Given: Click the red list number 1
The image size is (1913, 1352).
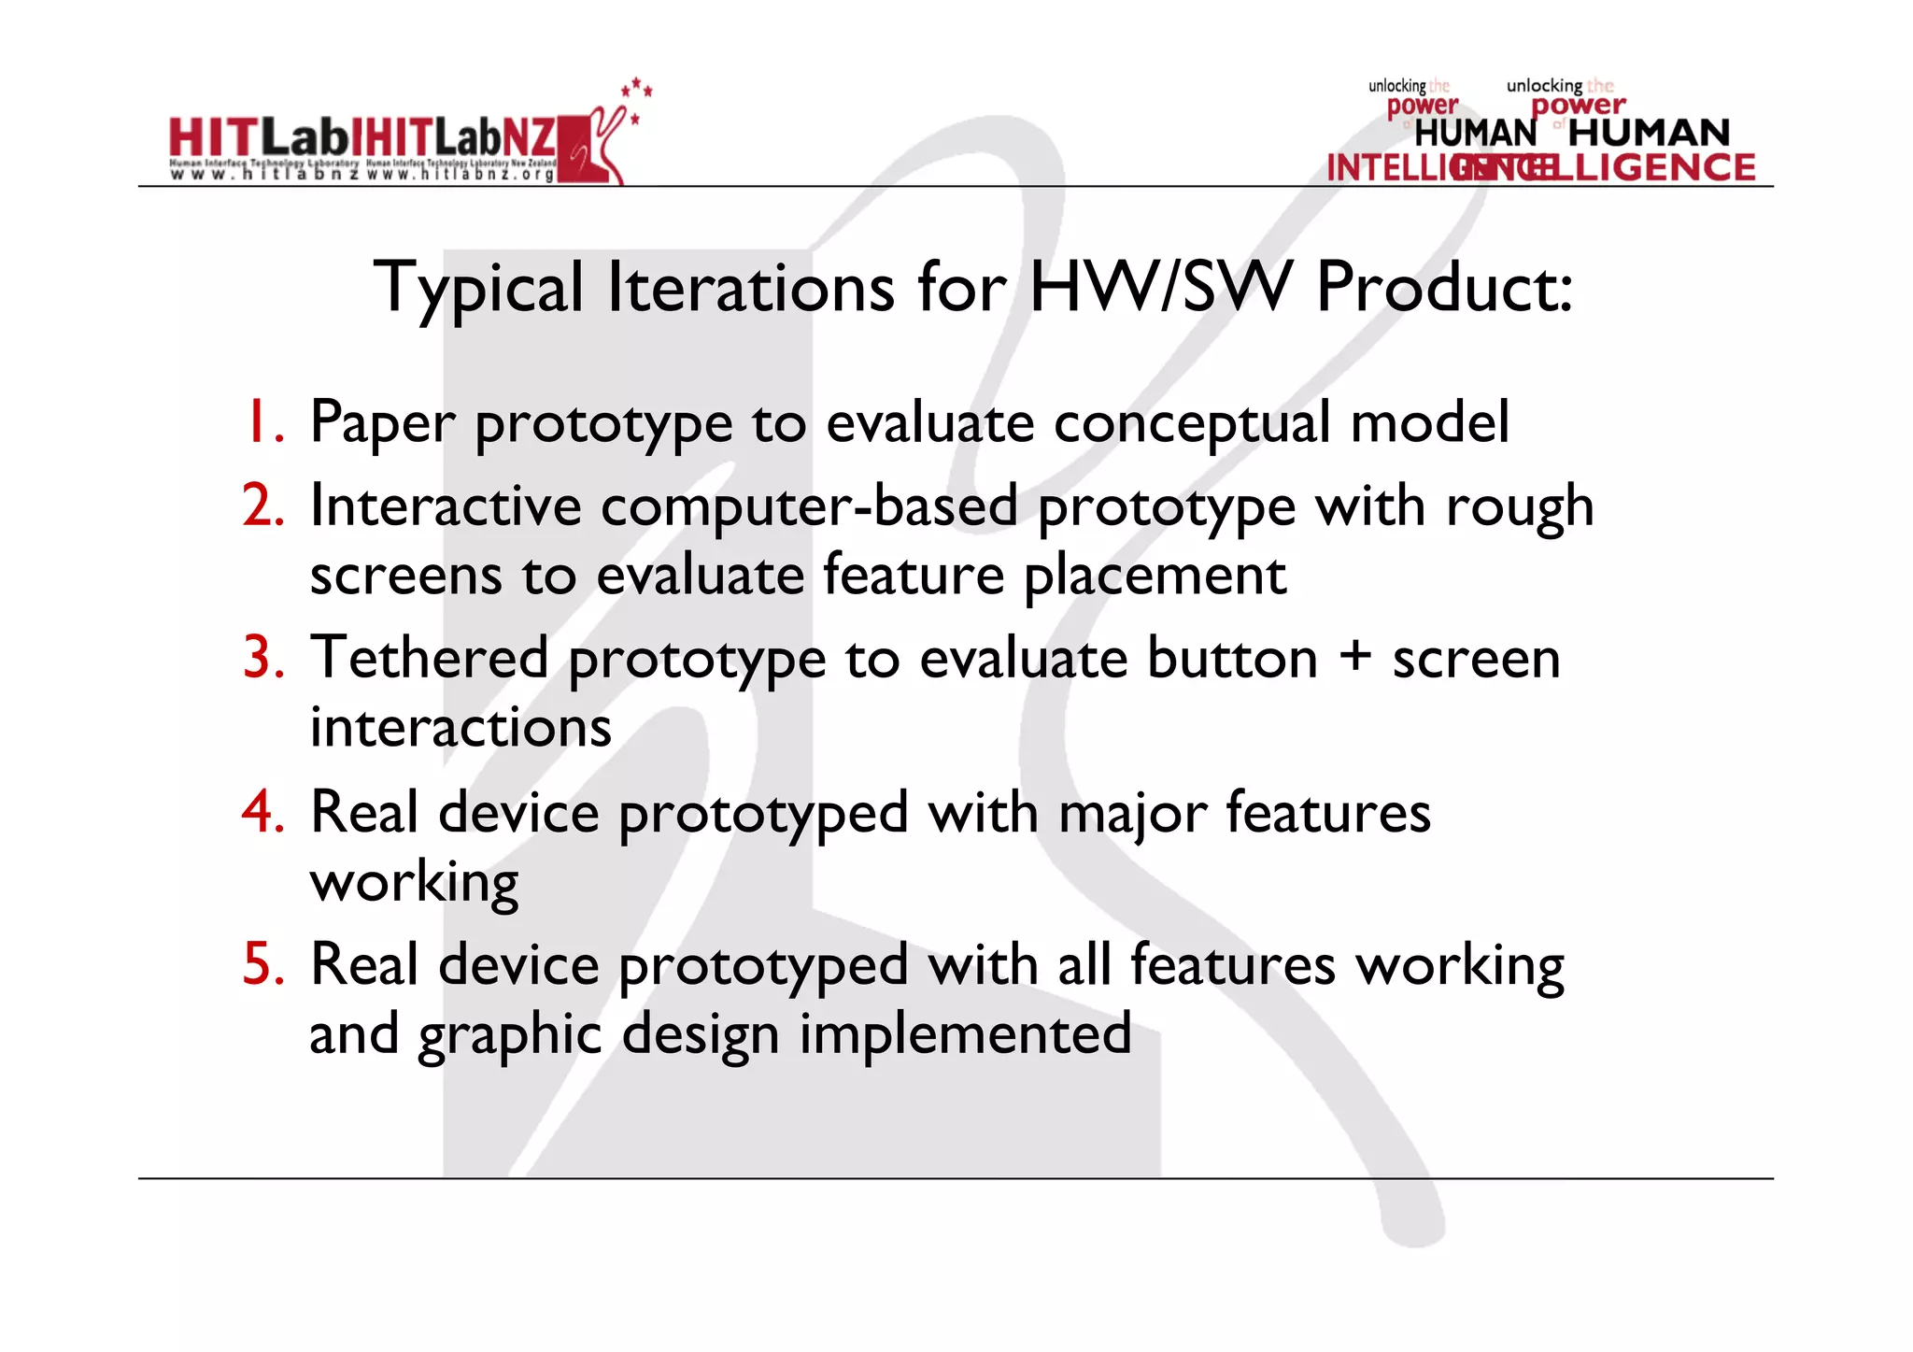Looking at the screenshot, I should click(262, 422).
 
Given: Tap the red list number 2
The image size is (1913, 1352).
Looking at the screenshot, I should click(262, 505).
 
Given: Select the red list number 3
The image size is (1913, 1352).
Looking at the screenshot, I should click(262, 658).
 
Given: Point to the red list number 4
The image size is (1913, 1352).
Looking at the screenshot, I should click(262, 811).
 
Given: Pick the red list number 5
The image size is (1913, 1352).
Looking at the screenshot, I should click(262, 963).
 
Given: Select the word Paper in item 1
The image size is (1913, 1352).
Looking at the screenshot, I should click(382, 423).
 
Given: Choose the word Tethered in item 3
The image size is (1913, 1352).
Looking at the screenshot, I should click(430, 658).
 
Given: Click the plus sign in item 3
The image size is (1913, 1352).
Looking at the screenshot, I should click(1354, 656).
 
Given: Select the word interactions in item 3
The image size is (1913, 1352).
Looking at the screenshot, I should click(461, 728).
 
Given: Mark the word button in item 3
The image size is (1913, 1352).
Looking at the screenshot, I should click(1232, 658).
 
